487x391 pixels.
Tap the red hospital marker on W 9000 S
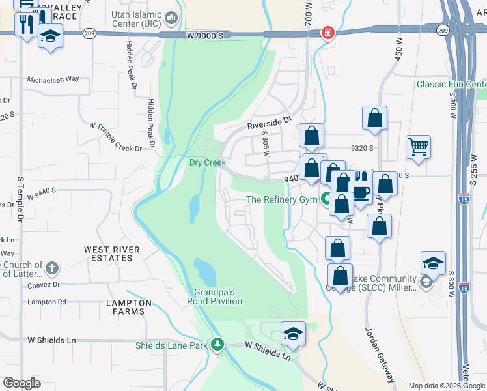[x=327, y=33]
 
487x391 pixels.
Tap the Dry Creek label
[x=207, y=162]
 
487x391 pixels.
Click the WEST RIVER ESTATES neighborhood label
[x=111, y=253]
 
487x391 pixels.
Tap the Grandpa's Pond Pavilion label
[x=214, y=297]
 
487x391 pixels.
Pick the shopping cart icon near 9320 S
[x=418, y=145]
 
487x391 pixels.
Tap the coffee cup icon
[x=361, y=191]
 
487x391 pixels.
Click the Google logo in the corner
[x=21, y=383]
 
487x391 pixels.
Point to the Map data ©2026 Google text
[x=447, y=386]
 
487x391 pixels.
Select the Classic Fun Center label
[x=451, y=84]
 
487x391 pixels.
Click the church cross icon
[x=52, y=268]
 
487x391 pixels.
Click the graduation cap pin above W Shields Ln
[x=294, y=334]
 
